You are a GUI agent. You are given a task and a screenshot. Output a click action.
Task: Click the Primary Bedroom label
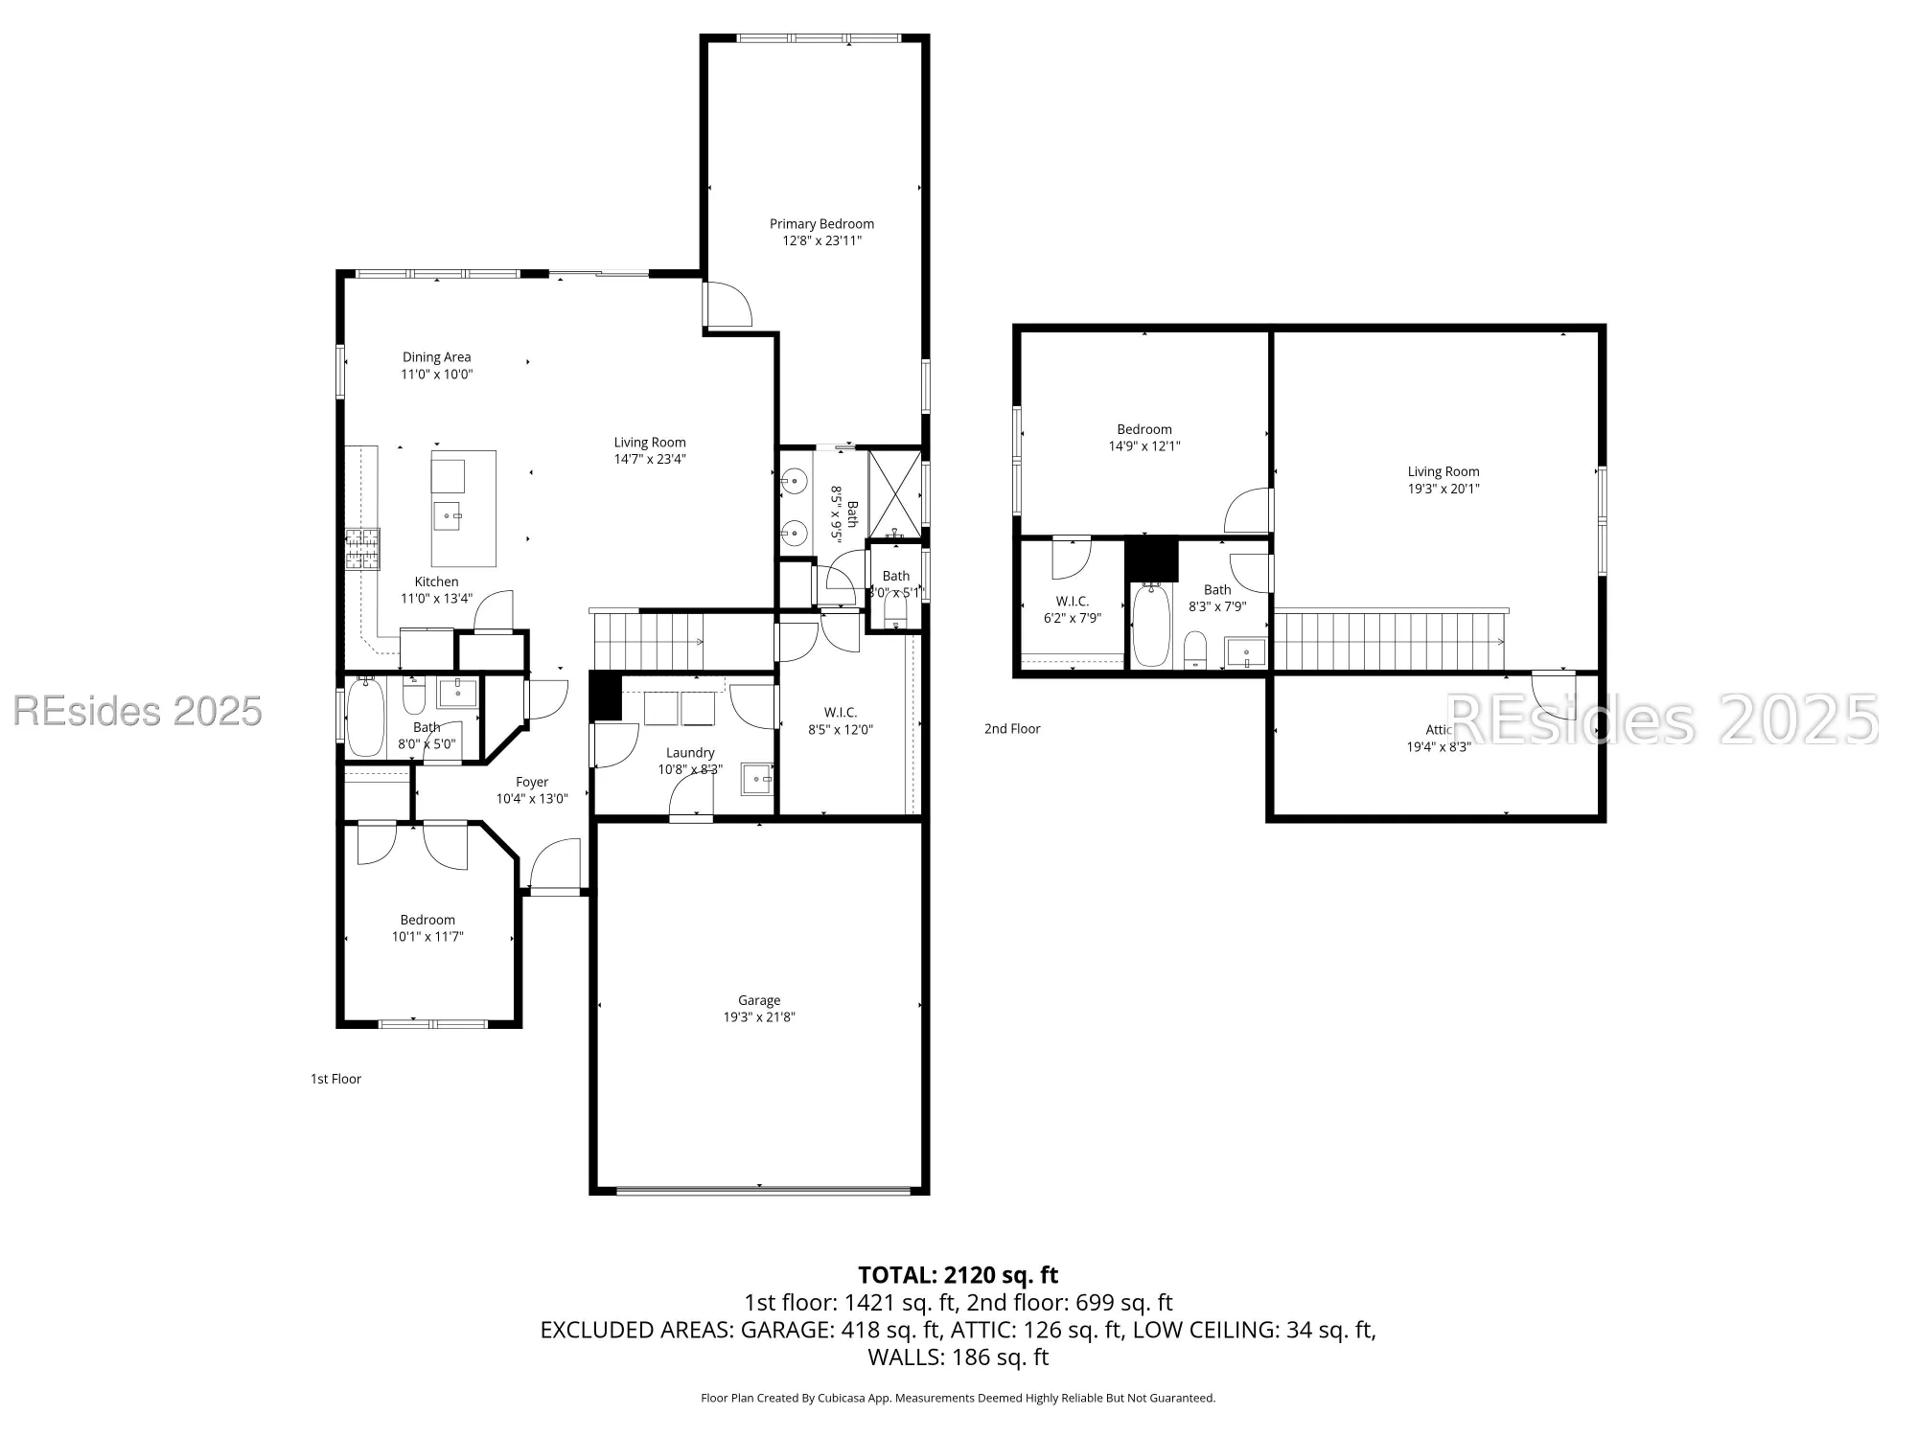click(821, 224)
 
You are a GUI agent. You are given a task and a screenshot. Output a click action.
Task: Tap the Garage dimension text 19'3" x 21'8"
click(759, 1017)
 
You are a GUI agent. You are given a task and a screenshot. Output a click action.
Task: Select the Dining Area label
click(436, 357)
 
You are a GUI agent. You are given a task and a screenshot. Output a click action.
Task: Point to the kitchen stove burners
click(362, 549)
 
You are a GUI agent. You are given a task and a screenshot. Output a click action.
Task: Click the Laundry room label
click(690, 753)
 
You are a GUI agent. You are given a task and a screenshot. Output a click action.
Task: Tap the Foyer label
click(532, 783)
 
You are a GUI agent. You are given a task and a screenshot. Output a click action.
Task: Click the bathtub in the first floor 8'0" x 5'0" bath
click(364, 717)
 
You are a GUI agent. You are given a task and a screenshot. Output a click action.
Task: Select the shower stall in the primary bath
click(894, 493)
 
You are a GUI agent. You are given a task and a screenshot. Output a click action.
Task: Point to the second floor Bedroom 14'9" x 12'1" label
click(1144, 430)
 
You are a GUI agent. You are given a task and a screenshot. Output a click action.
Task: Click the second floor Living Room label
click(1443, 471)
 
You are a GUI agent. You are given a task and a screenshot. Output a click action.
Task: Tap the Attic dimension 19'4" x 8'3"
click(1438, 747)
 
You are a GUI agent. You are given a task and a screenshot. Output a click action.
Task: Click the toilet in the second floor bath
click(1194, 649)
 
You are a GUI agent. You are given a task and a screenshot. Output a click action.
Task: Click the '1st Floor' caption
click(335, 1079)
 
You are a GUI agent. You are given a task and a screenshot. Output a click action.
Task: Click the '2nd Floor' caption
click(1012, 729)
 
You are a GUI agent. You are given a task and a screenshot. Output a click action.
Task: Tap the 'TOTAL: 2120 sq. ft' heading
click(958, 1275)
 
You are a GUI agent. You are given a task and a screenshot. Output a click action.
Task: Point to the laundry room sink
click(757, 780)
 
